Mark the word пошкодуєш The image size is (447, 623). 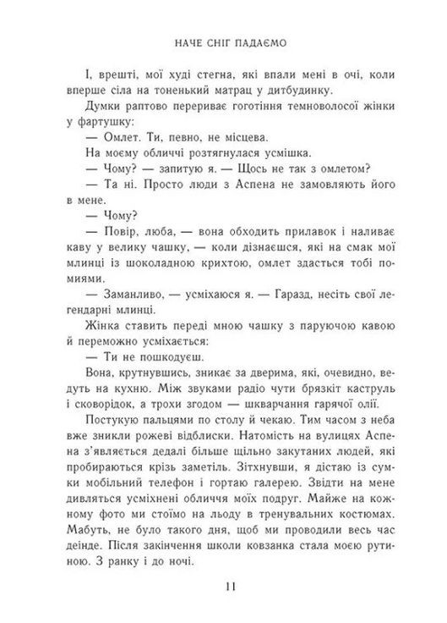pos(158,356)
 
